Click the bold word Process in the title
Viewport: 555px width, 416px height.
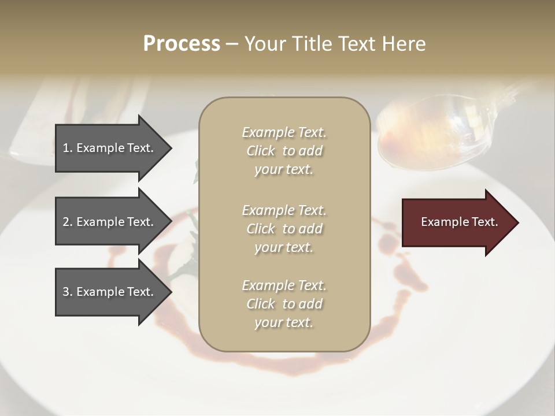pos(182,44)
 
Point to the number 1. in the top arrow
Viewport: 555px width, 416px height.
pos(67,148)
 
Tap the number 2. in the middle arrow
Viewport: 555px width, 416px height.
pos(67,222)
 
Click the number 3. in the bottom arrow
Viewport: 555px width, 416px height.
pos(67,292)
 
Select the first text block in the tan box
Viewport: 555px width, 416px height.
pos(284,151)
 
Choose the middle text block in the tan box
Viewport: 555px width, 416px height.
pos(284,228)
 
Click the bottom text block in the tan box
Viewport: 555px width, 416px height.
pos(284,304)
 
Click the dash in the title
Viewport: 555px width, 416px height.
pos(232,44)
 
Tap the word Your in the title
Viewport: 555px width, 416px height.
pos(265,44)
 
